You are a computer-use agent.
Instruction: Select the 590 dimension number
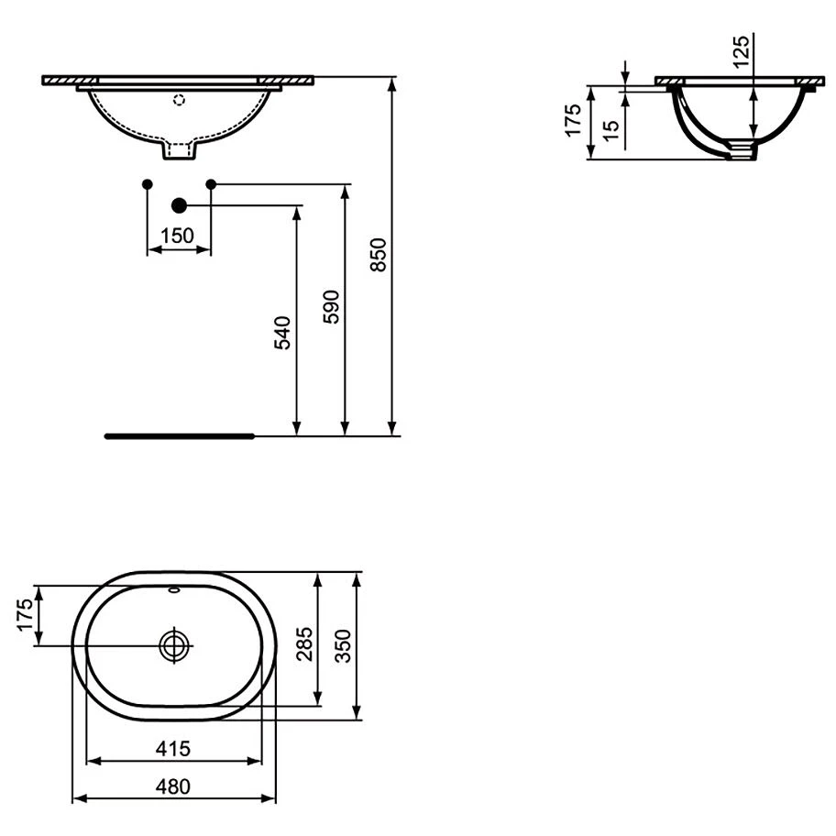(331, 307)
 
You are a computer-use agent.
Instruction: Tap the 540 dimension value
(282, 333)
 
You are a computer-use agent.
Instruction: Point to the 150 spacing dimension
(178, 235)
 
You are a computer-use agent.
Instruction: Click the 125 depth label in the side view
(741, 51)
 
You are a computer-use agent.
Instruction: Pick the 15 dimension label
(611, 130)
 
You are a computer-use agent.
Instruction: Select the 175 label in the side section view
(573, 120)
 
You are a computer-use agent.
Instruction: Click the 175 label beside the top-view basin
(25, 615)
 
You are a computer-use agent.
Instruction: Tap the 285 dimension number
(304, 644)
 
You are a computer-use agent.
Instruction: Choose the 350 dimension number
(344, 646)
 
